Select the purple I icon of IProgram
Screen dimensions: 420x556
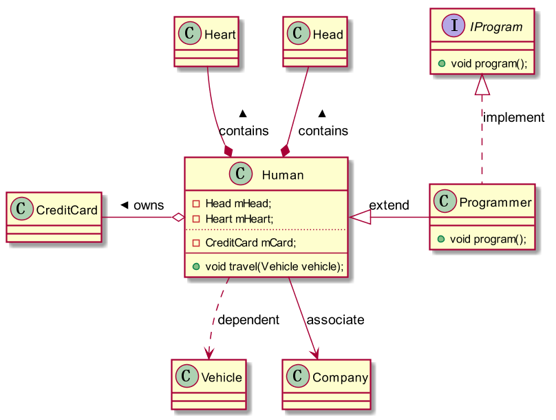click(451, 27)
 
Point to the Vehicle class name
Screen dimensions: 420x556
click(221, 377)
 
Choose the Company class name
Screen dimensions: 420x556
click(340, 377)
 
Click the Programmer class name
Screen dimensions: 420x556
click(495, 202)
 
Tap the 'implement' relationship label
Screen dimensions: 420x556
click(513, 117)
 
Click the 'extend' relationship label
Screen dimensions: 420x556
click(389, 205)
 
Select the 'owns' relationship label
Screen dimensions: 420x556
click(148, 205)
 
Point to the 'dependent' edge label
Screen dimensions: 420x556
click(248, 319)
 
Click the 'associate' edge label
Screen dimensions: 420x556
click(335, 319)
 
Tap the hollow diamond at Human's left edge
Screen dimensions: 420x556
click(178, 218)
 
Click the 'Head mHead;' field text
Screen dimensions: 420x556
click(238, 203)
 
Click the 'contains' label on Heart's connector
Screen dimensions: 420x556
click(244, 130)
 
